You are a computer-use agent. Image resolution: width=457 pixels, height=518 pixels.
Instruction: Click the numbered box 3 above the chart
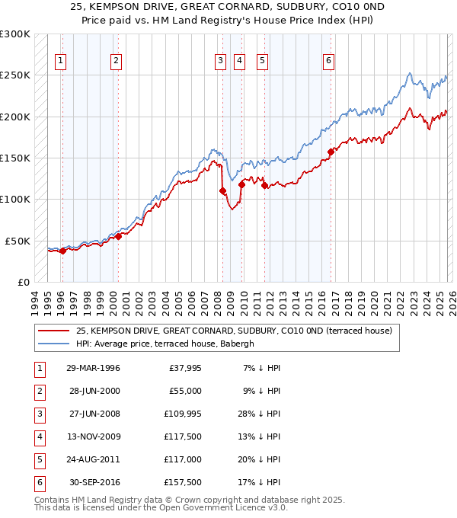(x=220, y=61)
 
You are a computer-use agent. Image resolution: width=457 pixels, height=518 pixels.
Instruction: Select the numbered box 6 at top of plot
(x=328, y=61)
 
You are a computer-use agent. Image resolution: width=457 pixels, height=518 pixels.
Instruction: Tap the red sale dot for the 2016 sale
(x=331, y=152)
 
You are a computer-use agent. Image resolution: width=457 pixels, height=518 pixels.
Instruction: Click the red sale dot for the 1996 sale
(x=62, y=251)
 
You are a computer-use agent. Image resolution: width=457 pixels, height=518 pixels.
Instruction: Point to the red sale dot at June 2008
(x=222, y=191)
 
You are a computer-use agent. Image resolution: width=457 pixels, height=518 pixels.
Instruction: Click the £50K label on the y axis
(x=18, y=241)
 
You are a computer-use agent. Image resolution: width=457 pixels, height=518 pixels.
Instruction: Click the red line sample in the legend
(x=53, y=331)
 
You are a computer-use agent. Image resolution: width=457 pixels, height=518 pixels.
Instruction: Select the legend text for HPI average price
(x=165, y=344)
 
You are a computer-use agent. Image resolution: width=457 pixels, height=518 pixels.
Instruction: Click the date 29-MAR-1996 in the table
(x=93, y=369)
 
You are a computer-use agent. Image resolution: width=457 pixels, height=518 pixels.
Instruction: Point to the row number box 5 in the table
(x=38, y=459)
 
